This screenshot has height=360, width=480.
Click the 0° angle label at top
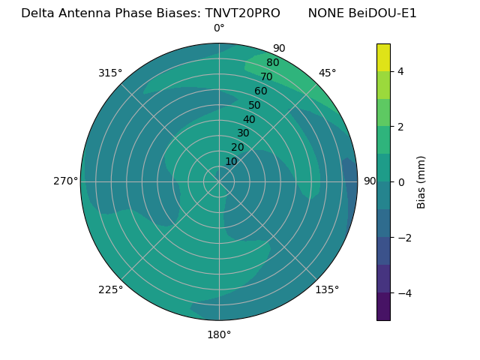[219, 28]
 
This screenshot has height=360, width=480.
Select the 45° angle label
[327, 73]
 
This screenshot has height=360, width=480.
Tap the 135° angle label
[327, 289]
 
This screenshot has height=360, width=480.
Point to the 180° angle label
[219, 334]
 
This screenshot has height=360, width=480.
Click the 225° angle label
[110, 289]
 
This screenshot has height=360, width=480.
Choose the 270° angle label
[65, 181]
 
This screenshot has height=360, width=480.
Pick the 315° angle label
[110, 73]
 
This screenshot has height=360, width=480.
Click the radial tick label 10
[231, 162]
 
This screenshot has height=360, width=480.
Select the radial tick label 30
[243, 133]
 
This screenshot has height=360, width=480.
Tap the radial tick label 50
[255, 106]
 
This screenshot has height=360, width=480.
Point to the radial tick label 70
[267, 77]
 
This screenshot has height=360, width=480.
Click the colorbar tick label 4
[400, 71]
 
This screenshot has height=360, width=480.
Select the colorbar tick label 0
[400, 182]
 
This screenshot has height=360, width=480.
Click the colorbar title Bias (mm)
[421, 182]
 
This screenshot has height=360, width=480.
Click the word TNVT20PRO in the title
[244, 13]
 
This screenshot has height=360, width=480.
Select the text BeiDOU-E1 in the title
[383, 13]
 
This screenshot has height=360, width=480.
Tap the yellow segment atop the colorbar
[383, 57]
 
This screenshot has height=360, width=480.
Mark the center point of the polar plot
[219, 181]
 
